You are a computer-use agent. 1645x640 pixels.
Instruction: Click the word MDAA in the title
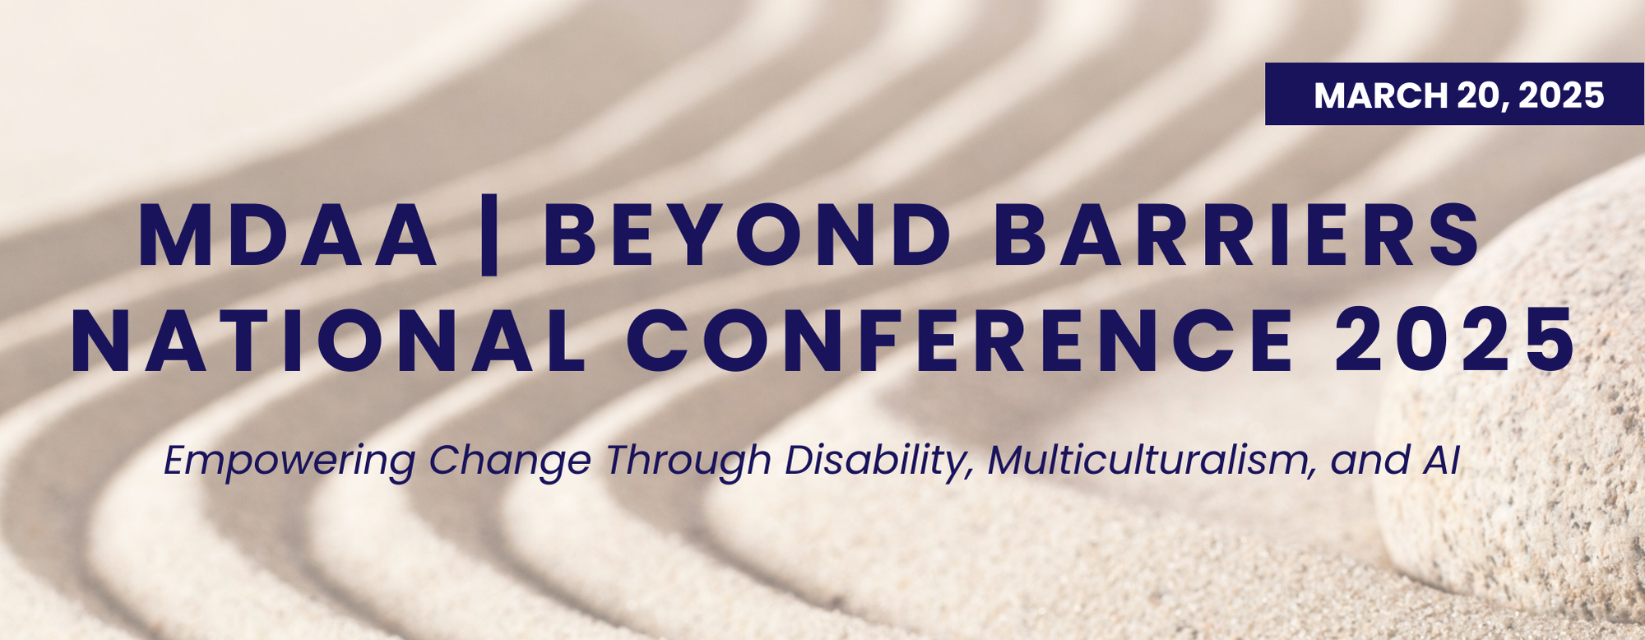[288, 235]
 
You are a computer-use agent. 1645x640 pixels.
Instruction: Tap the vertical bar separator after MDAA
[489, 235]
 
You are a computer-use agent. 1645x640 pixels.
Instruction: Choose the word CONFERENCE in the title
[961, 341]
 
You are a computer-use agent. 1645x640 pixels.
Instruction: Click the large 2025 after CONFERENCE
[1454, 341]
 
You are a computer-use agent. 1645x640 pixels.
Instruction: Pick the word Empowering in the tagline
[290, 461]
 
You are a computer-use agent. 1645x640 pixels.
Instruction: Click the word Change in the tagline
[510, 461]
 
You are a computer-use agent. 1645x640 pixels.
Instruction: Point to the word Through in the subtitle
[688, 461]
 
